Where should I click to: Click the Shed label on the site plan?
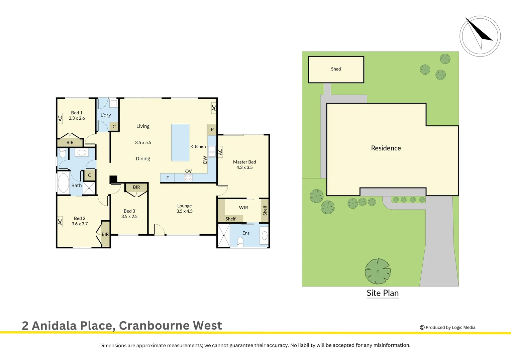pos(336,69)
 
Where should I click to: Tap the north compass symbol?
pos(480,36)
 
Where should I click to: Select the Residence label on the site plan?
pos(386,148)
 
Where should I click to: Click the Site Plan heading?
pos(383,293)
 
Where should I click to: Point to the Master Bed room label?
pos(244,162)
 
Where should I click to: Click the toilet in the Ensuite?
pos(240,241)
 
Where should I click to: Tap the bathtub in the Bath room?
pos(63,183)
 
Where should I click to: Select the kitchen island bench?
pos(180,143)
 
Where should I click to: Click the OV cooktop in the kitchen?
pos(189,177)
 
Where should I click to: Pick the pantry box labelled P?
pos(212,130)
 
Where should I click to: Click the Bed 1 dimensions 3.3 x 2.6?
pos(77,118)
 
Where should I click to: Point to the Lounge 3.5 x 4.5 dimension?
pos(184,211)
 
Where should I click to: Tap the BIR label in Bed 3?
pos(136,187)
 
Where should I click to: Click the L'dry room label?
pos(106,115)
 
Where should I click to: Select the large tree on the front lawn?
pos(378,271)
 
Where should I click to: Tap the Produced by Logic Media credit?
pos(447,328)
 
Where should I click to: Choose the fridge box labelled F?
pos(168,178)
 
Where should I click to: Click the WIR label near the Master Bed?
pos(243,208)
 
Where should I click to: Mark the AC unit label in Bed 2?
pos(60,221)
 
